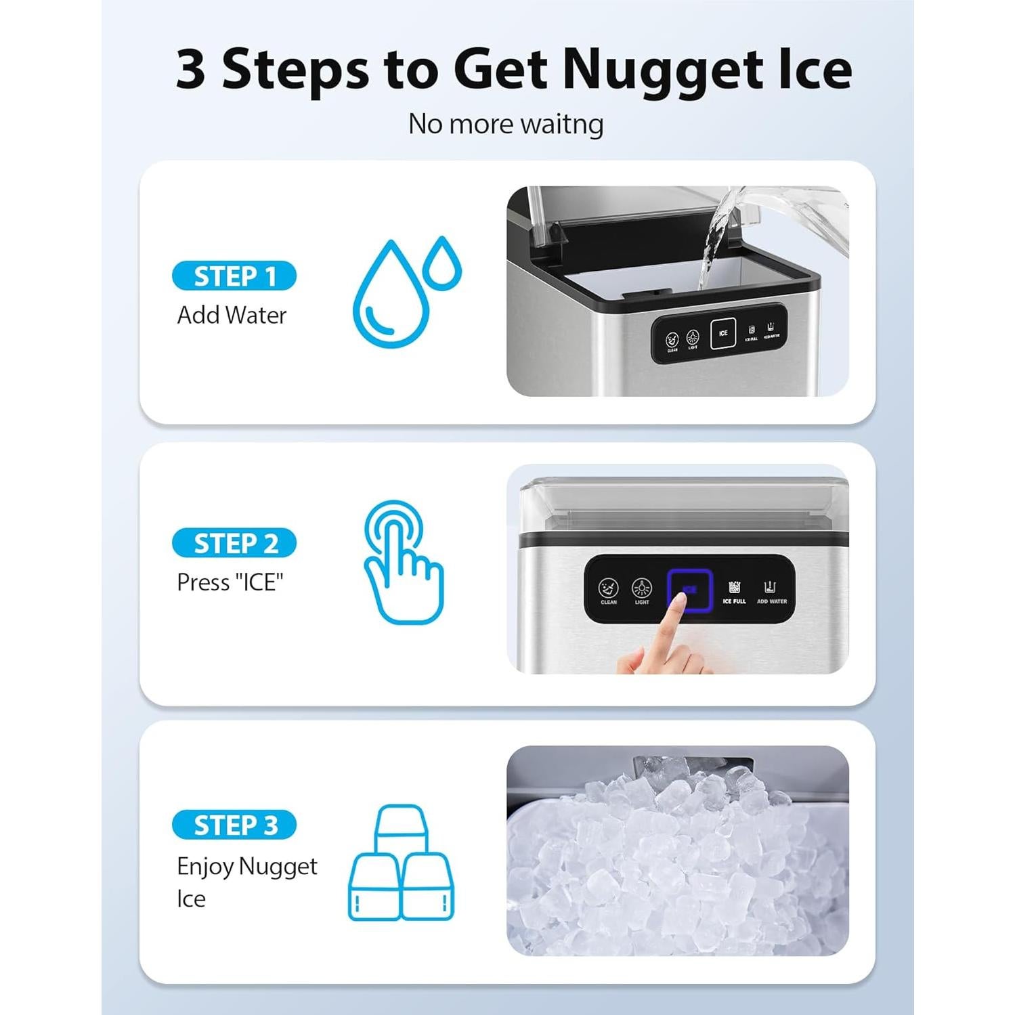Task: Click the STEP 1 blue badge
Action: [234, 276]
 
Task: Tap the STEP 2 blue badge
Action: [234, 543]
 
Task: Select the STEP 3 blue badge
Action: [234, 825]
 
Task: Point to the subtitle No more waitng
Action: [506, 124]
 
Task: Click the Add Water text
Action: [232, 315]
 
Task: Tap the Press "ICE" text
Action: [230, 582]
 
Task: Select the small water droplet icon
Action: [442, 264]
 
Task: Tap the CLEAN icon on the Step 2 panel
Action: [608, 590]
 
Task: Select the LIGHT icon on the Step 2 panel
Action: [641, 590]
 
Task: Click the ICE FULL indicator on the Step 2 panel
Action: [734, 590]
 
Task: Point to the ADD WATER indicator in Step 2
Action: [771, 590]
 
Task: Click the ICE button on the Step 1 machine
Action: [722, 333]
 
